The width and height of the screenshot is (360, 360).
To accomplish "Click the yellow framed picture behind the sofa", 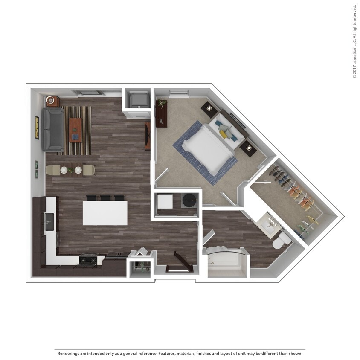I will click(x=37, y=128).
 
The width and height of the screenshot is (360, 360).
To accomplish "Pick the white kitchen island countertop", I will click(x=105, y=213).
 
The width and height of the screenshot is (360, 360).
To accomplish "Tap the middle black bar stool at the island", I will click(x=105, y=198).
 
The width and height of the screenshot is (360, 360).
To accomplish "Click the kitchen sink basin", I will click(x=49, y=219).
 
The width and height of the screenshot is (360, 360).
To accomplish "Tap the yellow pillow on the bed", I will click(x=224, y=134).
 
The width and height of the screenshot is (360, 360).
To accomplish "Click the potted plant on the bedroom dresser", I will click(x=161, y=103).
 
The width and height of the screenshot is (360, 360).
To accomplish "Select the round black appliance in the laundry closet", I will click(x=188, y=200).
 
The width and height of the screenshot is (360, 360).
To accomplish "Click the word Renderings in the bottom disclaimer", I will click(x=67, y=354).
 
